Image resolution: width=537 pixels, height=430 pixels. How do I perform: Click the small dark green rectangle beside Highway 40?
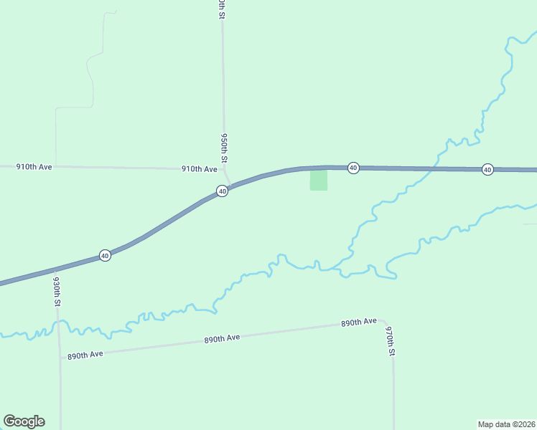click(x=318, y=180)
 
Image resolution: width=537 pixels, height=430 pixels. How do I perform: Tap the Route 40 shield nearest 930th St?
click(x=105, y=256)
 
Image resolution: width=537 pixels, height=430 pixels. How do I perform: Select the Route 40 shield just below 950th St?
click(x=223, y=191)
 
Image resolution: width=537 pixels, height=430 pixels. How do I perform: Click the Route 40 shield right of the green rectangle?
click(x=353, y=168)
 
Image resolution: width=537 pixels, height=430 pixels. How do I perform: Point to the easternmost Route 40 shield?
click(x=487, y=169)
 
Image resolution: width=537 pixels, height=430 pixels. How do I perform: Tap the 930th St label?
click(x=57, y=293)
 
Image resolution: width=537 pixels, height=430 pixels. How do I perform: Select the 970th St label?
click(x=391, y=342)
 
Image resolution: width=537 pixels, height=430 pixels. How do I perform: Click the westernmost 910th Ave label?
click(x=34, y=166)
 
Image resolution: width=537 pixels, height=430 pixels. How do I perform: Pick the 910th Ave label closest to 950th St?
click(x=200, y=169)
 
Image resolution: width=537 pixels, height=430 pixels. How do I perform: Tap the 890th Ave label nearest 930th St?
click(x=85, y=355)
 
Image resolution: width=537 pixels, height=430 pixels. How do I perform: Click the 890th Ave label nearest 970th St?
click(x=359, y=322)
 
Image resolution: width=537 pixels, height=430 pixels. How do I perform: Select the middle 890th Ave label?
click(x=222, y=338)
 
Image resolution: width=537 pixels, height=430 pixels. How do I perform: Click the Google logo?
click(x=24, y=421)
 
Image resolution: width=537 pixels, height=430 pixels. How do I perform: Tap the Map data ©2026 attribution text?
click(x=506, y=424)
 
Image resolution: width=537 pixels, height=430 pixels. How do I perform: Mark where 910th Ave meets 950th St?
click(x=224, y=170)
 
